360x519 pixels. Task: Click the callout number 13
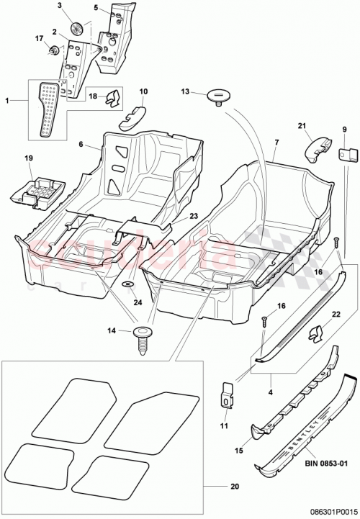[x=185, y=91]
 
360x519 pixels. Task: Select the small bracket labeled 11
[x=225, y=392]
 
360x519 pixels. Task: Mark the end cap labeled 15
[x=257, y=432]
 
